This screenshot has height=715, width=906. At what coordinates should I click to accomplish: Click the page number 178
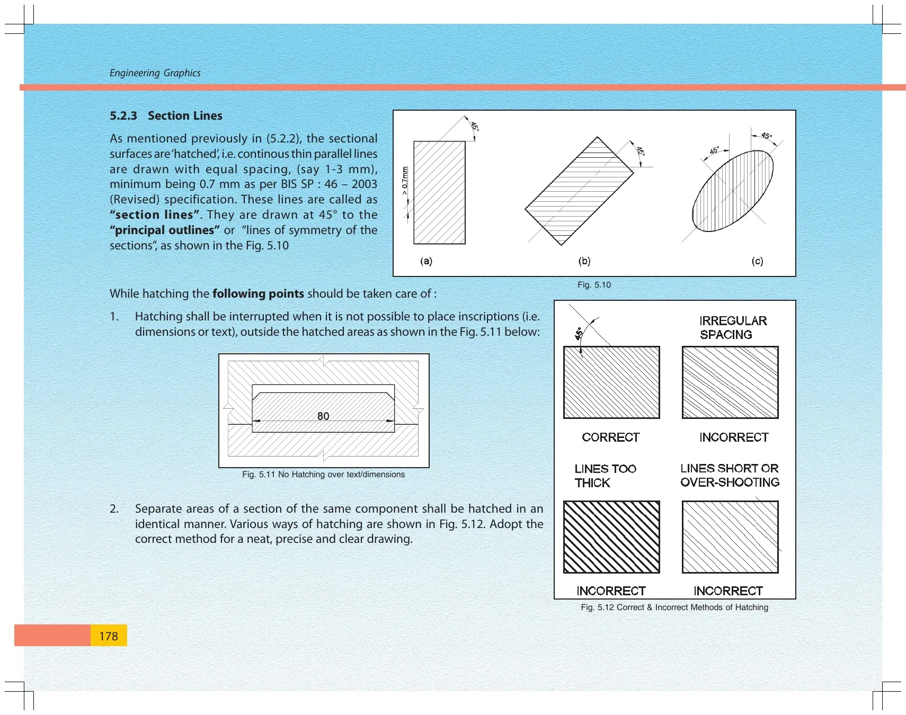click(x=109, y=636)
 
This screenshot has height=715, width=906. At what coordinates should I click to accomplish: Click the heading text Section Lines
click(x=185, y=115)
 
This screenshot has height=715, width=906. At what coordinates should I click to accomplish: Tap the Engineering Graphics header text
click(x=155, y=73)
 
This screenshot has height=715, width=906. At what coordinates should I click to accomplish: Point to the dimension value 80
click(x=323, y=416)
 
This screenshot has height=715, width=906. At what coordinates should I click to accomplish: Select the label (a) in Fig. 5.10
click(x=426, y=261)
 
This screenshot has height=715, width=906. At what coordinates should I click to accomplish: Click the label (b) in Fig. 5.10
click(x=584, y=261)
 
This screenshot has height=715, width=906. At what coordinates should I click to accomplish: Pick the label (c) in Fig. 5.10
click(x=758, y=261)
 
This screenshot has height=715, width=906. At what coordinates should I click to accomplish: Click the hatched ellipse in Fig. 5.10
click(x=733, y=191)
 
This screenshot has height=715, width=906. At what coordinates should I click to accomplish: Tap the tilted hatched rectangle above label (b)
click(x=579, y=191)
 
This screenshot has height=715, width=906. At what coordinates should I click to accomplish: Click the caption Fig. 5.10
click(x=594, y=285)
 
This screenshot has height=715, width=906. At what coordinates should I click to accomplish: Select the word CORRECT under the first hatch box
click(x=611, y=437)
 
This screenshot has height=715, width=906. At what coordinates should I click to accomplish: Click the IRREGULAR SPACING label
click(x=733, y=328)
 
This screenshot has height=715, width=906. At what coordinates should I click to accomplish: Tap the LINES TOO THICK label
click(x=605, y=476)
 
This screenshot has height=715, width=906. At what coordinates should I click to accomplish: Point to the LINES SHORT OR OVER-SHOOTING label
click(x=730, y=475)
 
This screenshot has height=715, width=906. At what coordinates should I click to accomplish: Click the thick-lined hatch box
click(x=611, y=537)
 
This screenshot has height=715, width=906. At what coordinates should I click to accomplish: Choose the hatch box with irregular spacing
click(x=730, y=382)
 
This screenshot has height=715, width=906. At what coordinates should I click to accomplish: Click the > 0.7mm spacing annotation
click(x=405, y=181)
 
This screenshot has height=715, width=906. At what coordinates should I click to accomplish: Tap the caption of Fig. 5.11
click(x=323, y=475)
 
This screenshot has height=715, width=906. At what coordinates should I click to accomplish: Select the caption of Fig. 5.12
click(x=674, y=607)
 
